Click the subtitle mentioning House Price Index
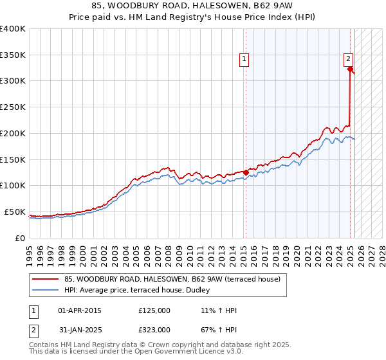193,18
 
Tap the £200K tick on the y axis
13,133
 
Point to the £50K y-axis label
15,212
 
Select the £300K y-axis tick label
13,81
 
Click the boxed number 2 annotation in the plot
348,58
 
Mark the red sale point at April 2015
246,172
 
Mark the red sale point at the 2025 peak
350,69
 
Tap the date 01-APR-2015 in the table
80,310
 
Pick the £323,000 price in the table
154,330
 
